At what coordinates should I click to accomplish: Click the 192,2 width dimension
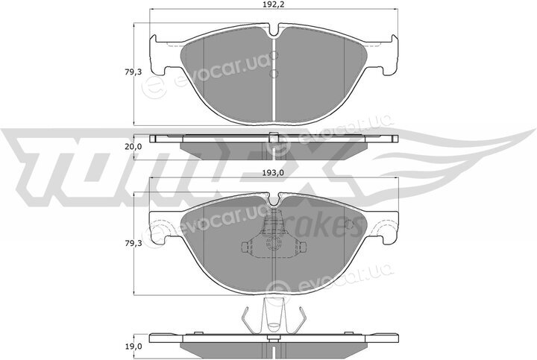[x=274, y=4]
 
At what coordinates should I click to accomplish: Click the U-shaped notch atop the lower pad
[x=273, y=201]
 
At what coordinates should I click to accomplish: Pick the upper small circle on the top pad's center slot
[x=274, y=55]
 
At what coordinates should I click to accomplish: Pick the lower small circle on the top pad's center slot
[x=274, y=73]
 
